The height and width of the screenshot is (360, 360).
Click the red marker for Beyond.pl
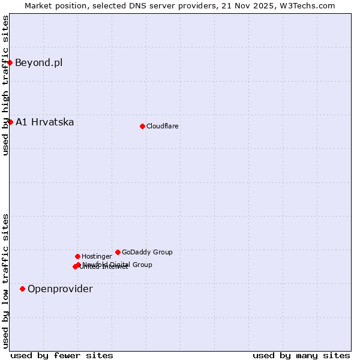pos(10,62)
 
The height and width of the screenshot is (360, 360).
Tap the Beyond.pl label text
pos(38,62)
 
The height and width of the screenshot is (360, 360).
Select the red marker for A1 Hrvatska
pos(10,122)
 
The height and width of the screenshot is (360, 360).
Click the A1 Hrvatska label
pos(44,122)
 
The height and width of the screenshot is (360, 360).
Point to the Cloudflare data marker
pos(142,126)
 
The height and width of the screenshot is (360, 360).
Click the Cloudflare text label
pos(162,126)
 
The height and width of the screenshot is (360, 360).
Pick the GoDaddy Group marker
pos(118,252)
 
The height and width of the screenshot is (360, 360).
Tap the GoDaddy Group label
pos(147,252)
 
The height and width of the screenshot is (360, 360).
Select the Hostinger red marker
pos(77,256)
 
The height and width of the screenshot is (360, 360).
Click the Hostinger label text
pos(97,256)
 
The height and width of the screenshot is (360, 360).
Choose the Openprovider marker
pos(22,289)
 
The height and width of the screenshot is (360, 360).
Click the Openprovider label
pos(60,289)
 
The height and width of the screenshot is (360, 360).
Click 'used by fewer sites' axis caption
pos(62,355)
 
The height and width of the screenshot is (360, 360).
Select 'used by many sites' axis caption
pos(301,355)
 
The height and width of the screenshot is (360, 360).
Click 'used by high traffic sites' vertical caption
pos(5,85)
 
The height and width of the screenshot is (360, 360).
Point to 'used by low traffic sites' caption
pos(5,281)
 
